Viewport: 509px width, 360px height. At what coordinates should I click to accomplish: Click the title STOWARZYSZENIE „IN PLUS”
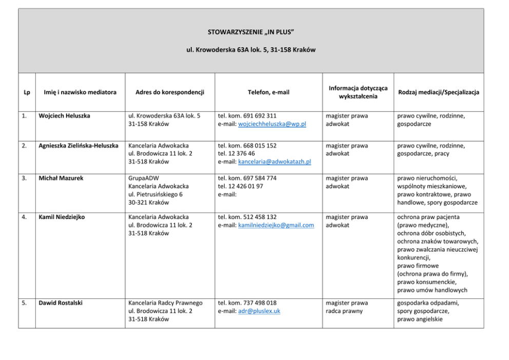point(251,32)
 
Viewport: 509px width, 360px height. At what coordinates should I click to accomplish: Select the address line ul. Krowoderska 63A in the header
point(251,50)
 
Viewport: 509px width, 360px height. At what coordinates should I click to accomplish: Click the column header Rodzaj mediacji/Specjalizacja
point(439,92)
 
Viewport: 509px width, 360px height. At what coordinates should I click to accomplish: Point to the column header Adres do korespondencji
point(170,92)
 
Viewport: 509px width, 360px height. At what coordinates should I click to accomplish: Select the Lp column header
point(27,92)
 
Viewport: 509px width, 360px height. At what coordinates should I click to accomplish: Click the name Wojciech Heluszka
point(64,116)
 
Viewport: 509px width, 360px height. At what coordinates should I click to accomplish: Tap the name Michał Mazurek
point(61,178)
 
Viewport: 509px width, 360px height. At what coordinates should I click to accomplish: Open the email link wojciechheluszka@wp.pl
point(272,124)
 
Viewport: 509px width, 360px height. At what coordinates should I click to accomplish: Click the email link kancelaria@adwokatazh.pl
point(275,162)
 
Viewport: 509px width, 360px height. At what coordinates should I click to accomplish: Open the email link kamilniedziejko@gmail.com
point(276,225)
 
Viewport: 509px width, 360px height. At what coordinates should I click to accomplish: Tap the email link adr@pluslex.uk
point(259,311)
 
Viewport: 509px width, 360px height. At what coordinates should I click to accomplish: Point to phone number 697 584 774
point(259,178)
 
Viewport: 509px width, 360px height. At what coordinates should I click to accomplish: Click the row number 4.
point(24,217)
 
